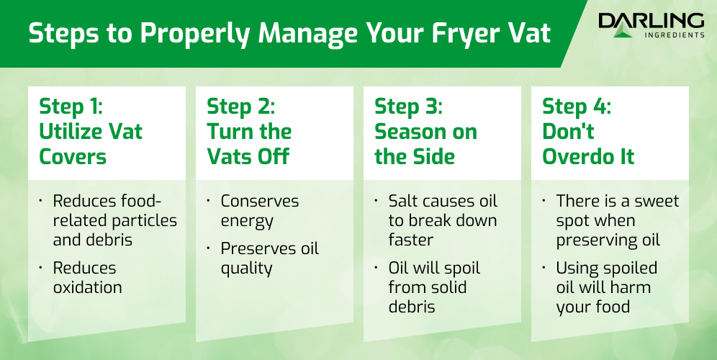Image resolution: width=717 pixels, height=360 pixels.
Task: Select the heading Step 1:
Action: pos(71,107)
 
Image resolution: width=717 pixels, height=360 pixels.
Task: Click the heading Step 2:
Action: pos(240,107)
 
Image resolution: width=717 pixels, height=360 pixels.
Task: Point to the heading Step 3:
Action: pos(408,107)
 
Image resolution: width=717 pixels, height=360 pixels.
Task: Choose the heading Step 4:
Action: pos(577,107)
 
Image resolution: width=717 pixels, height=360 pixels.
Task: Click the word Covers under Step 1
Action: pos(73,156)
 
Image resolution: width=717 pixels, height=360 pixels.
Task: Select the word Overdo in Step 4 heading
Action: pos(577,156)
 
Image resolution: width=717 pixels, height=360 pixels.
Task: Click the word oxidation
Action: pos(87,287)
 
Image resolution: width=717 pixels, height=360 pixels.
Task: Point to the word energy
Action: pos(247,222)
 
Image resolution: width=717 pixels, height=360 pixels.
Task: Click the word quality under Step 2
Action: pos(246,269)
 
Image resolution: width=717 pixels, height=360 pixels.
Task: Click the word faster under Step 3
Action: pos(410,240)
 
